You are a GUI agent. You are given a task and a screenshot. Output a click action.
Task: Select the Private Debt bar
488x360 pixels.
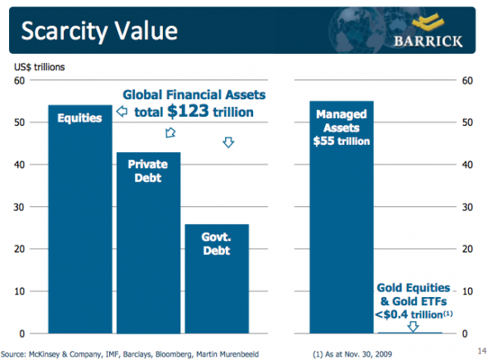(x=147, y=248)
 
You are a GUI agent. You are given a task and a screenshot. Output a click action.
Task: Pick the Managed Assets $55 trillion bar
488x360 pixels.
(x=342, y=223)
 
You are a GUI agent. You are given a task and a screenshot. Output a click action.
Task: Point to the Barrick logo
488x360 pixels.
(x=428, y=31)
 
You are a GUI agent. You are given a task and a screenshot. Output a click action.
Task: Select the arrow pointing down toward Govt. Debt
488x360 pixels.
(x=228, y=142)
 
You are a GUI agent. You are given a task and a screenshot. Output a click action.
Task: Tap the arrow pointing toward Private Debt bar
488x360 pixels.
(x=170, y=132)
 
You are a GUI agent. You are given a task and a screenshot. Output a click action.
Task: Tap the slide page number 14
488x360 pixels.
(x=476, y=351)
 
